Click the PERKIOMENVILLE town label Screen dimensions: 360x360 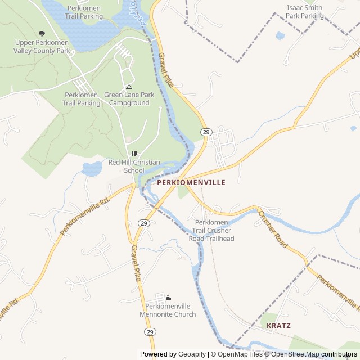pos(191,183)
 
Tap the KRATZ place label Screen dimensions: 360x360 pos(279,326)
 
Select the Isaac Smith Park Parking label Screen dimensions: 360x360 pos(304,12)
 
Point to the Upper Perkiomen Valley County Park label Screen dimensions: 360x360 pos(42,47)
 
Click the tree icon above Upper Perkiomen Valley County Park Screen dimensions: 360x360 pos(42,34)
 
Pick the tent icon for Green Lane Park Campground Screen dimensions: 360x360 pos(129,87)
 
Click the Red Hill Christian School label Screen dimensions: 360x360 pos(134,166)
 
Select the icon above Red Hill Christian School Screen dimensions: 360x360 pos(134,154)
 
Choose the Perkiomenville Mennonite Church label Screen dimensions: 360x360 pos(168,310)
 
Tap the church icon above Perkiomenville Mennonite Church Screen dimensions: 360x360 pos(168,298)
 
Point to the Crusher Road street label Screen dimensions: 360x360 pos(273,229)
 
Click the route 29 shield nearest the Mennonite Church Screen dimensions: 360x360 pos(150,332)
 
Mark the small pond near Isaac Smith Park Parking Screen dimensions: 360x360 pos(280,36)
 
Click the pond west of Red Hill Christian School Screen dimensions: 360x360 pos(91,168)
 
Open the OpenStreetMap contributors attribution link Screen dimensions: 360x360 pos(313,354)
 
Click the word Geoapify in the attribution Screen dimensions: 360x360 pos(191,354)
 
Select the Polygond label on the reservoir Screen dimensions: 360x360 pos(141,12)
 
